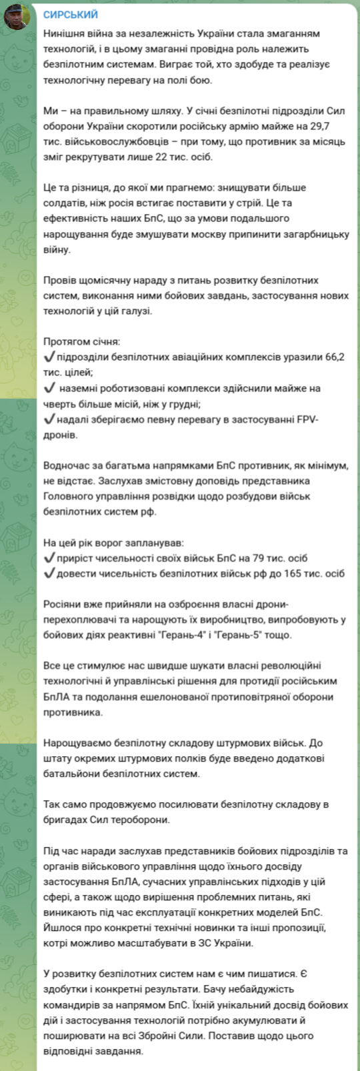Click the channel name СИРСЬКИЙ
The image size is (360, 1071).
[x=70, y=15]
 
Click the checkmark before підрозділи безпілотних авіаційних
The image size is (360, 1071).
[x=49, y=357]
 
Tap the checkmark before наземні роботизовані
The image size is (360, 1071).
[x=49, y=387]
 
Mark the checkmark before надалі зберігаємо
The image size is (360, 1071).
[x=49, y=419]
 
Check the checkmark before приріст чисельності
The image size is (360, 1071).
[x=49, y=558]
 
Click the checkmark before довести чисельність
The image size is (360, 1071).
[x=49, y=574]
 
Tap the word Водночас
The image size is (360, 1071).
[x=66, y=465]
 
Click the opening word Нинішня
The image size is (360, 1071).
[x=65, y=33]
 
